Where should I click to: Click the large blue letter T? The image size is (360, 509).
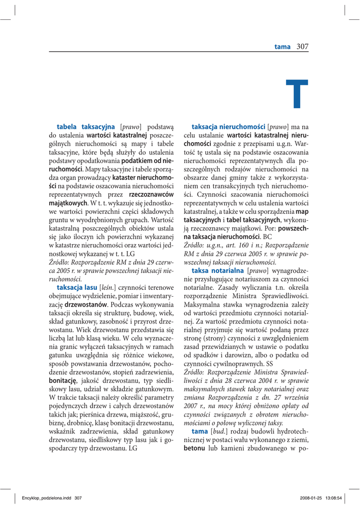coord(297,94)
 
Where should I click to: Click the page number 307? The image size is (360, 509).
coord(302,47)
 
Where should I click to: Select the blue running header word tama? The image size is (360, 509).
coord(282,47)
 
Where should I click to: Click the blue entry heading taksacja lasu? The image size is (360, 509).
coord(77,287)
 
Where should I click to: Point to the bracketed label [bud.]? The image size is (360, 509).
coord(219,431)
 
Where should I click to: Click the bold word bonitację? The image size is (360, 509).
coord(62,380)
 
